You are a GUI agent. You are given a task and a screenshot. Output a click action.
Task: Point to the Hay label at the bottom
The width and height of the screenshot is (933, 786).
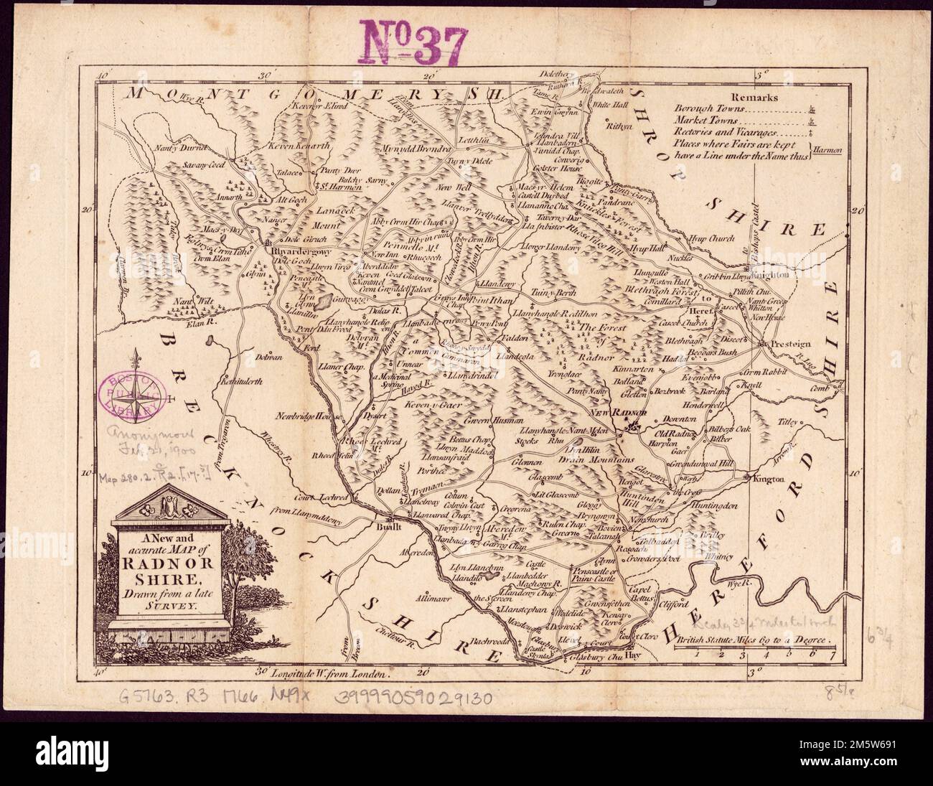[632, 656]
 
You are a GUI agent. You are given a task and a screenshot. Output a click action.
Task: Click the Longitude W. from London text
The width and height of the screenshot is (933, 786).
[331, 673]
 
